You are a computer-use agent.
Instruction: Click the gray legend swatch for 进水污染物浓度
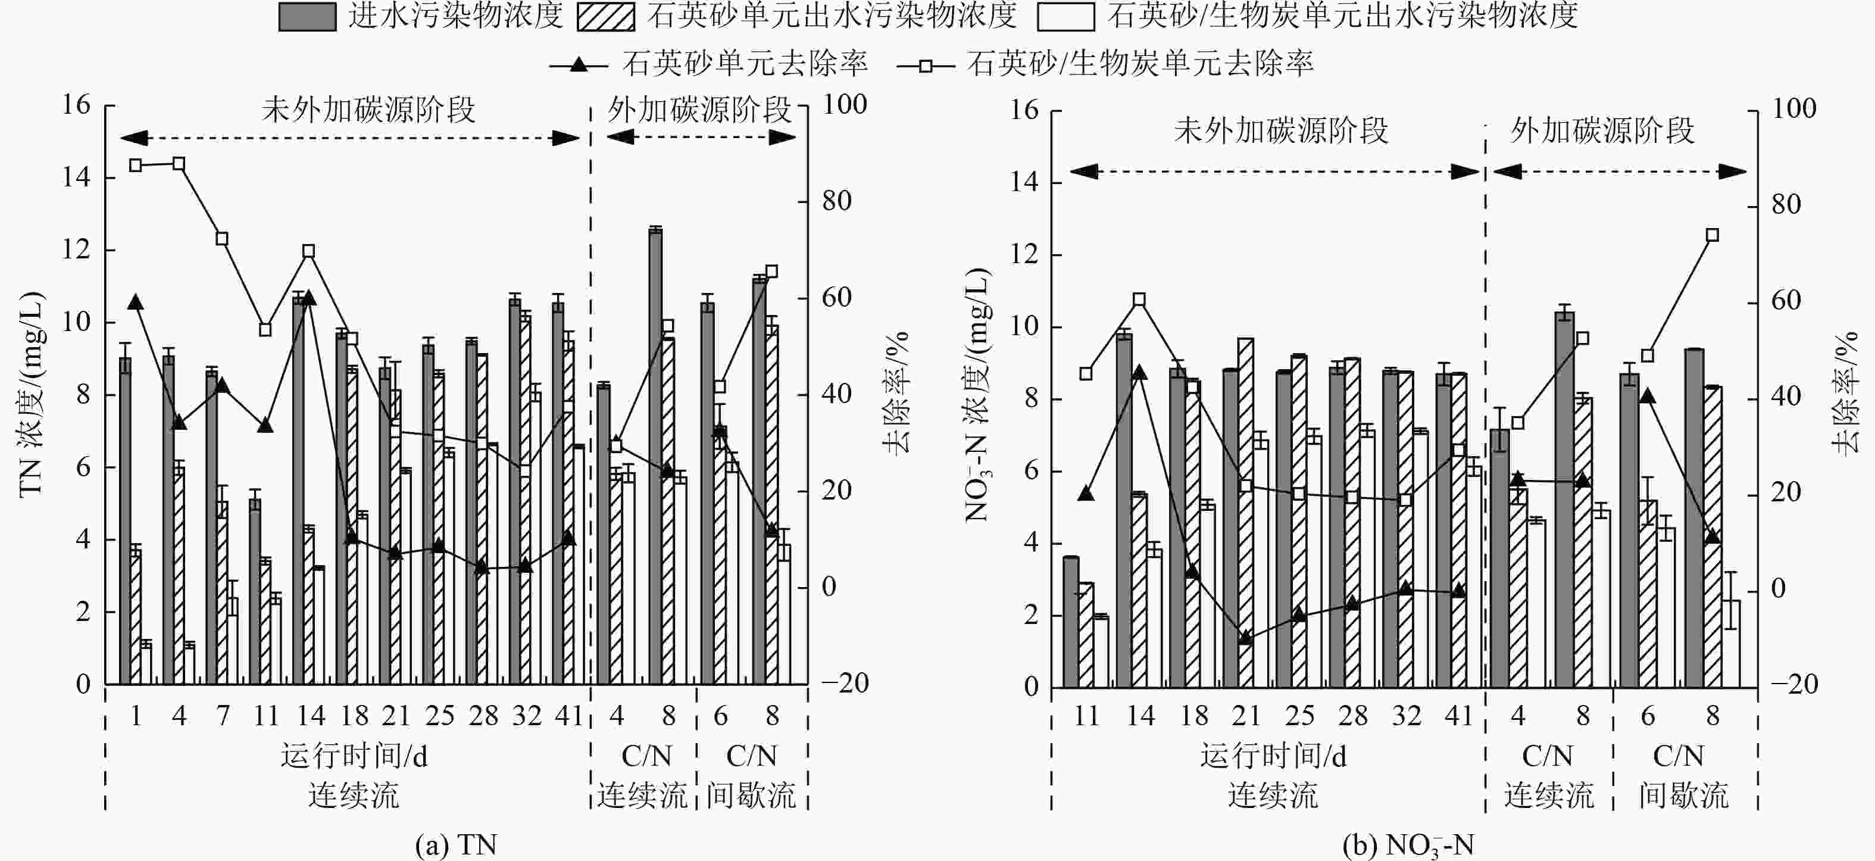point(307,17)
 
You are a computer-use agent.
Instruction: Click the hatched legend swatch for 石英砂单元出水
point(605,17)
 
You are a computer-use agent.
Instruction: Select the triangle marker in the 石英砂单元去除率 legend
point(579,65)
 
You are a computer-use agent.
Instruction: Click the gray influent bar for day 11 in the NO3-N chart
point(1071,622)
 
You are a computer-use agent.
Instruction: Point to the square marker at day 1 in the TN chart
point(135,165)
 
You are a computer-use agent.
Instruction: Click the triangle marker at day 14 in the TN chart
point(308,298)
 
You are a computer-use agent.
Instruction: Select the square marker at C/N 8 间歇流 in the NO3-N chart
point(1712,235)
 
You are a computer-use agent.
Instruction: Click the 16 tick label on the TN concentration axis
point(76,105)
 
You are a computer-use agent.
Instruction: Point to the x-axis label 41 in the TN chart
point(568,716)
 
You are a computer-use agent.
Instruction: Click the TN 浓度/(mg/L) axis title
point(30,394)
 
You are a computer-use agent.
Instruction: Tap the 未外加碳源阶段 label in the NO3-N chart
point(1280,132)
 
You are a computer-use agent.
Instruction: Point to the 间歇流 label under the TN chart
point(751,795)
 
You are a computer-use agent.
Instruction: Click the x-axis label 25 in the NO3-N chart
point(1299,716)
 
